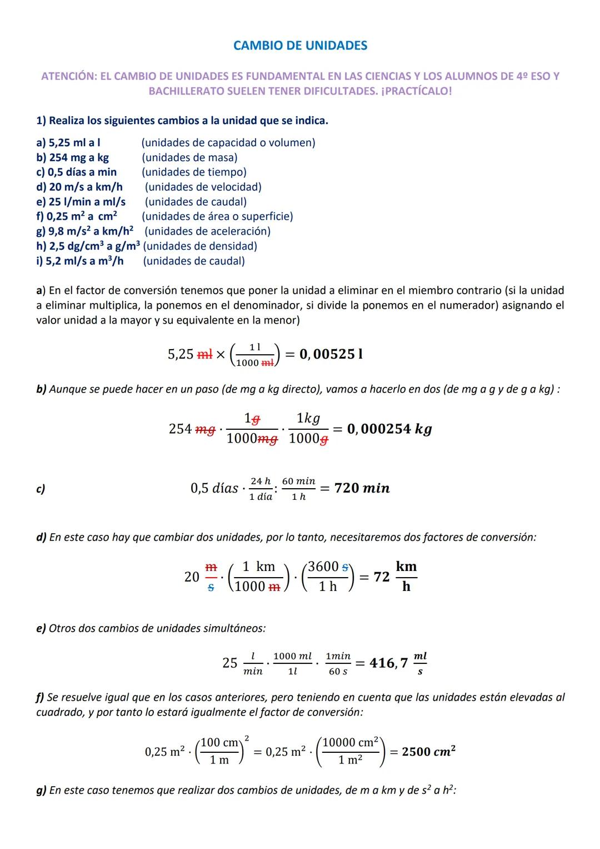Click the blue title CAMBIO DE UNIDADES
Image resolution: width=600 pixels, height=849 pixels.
tap(300, 46)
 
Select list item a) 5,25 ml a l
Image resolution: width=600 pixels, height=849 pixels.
tap(68, 143)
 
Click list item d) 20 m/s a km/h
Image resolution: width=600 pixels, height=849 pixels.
tap(79, 187)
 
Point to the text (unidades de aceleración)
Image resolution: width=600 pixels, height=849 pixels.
tap(208, 231)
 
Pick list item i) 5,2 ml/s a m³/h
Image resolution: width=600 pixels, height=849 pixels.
tap(79, 261)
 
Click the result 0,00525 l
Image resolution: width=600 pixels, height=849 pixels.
tap(331, 354)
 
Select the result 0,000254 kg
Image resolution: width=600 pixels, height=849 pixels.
tap(389, 429)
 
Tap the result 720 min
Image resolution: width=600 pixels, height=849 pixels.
tap(362, 488)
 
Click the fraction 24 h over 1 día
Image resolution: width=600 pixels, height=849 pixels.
tap(261, 489)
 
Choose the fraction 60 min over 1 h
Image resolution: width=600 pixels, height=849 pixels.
tap(298, 489)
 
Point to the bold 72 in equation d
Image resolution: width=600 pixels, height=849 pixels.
tap(381, 577)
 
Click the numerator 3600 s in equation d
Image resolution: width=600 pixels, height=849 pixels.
tap(328, 567)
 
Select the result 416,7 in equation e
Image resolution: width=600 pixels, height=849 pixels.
tap(388, 663)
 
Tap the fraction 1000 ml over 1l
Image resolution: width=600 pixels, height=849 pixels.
tap(292, 663)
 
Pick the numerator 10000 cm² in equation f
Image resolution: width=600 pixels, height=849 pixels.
tap(350, 743)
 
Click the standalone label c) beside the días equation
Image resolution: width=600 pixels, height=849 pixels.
tap(41, 489)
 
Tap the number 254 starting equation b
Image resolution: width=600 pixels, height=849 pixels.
tap(181, 429)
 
